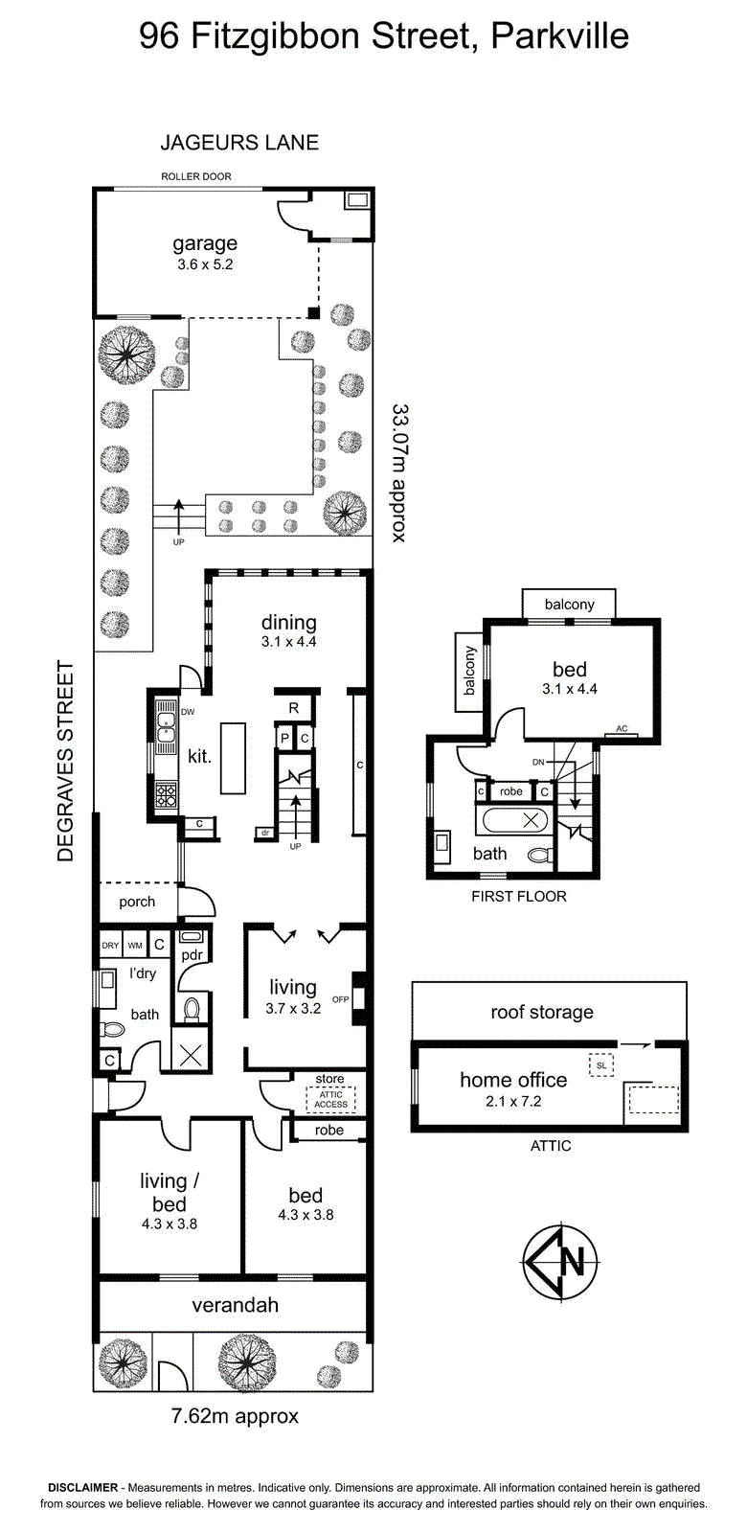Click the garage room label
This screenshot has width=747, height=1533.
pos(205,243)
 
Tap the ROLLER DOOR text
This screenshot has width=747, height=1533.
pos(196,176)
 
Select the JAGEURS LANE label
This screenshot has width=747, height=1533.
pos(239,143)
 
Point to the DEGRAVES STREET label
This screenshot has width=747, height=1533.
pos(65,761)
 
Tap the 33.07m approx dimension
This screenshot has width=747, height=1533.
pos(399,472)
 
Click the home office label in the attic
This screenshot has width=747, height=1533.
pos(513,1080)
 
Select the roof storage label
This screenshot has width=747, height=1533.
pos(542,1012)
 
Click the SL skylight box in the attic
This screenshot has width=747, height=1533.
pos(601,1065)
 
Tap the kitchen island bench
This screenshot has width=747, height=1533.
pos(233,758)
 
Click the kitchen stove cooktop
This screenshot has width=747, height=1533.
pos(167,794)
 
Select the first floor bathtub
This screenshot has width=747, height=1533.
pos(516,820)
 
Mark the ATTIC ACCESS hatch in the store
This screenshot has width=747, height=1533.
pos(331,1100)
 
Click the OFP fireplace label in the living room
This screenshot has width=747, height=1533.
pos(340,1000)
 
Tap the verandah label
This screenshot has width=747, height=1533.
pos(235,1305)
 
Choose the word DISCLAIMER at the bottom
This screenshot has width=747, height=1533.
pos(82,1487)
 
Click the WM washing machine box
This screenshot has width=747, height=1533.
pos(135,946)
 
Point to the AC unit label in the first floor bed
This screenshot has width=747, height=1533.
pos(622,729)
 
